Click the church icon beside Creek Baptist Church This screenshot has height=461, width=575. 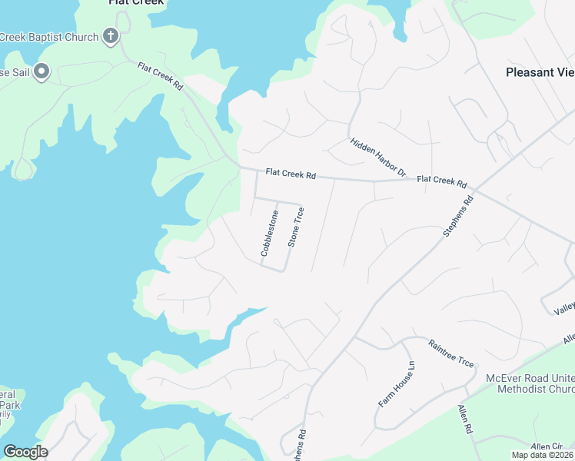pos(111,36)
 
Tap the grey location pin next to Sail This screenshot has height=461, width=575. pos(42,72)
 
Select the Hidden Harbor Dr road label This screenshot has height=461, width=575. pos(377,158)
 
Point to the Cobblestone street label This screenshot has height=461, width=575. pos(268,233)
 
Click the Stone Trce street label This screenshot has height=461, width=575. pos(296,227)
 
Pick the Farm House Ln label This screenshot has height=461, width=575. pos(397,384)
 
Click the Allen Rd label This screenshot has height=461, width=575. pos(465,420)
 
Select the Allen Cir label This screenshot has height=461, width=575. pos(547,446)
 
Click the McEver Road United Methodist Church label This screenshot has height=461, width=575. pos(530,383)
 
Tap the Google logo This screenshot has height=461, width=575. pos(25,452)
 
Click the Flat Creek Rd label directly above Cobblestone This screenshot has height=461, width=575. pos(291,174)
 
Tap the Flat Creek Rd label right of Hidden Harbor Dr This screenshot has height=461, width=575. pos(442,182)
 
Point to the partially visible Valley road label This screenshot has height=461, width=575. pos(564,309)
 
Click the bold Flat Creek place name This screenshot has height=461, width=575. pos(135,2)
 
